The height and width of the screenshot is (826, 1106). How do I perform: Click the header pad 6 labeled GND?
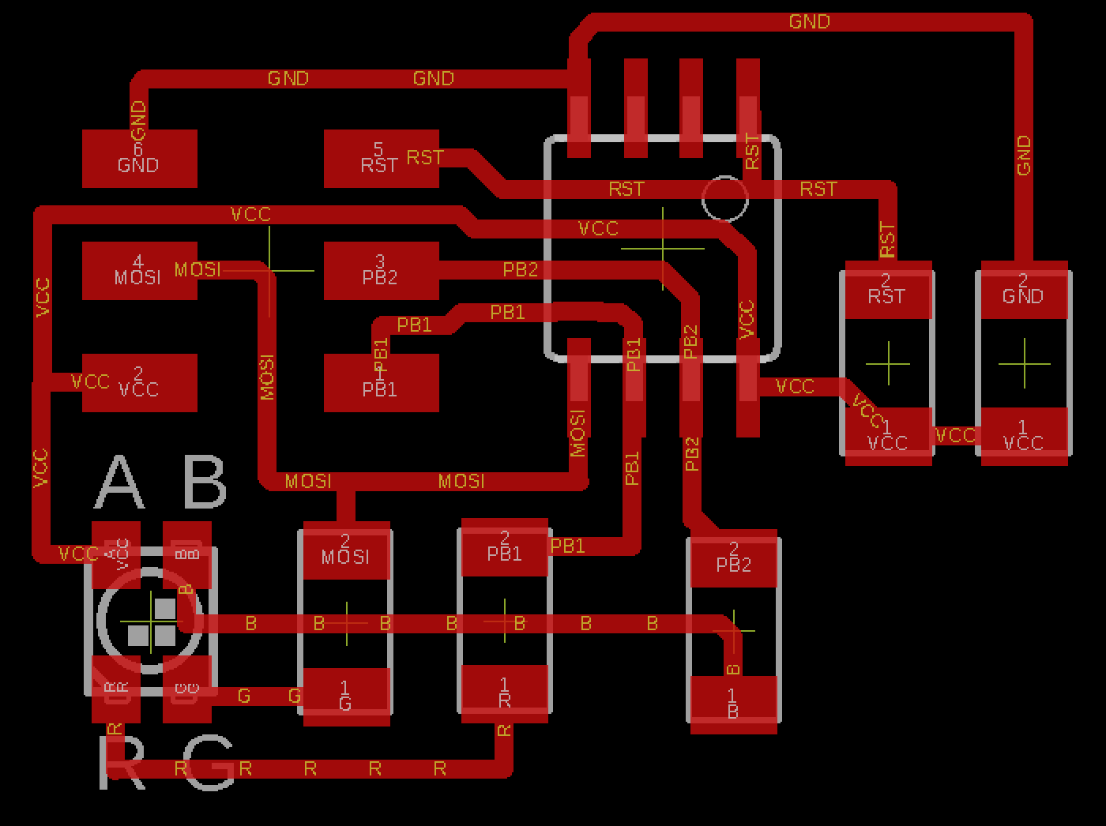[x=140, y=159]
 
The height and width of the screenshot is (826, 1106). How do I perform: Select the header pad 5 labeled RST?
[x=381, y=159]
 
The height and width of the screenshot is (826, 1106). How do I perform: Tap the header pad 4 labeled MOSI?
[x=140, y=271]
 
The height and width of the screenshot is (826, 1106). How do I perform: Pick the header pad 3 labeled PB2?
[x=381, y=271]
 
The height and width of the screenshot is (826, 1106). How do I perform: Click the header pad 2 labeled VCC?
[x=140, y=383]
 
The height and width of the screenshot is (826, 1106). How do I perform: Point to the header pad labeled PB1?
[x=381, y=383]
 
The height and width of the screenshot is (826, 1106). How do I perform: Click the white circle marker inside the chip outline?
[x=724, y=199]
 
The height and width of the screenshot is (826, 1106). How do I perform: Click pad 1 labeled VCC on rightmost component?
[x=1024, y=436]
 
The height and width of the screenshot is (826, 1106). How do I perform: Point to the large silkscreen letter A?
[x=120, y=482]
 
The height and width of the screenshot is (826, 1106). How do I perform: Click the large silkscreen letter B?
[x=204, y=482]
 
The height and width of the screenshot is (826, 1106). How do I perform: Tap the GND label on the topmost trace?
[x=809, y=21]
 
